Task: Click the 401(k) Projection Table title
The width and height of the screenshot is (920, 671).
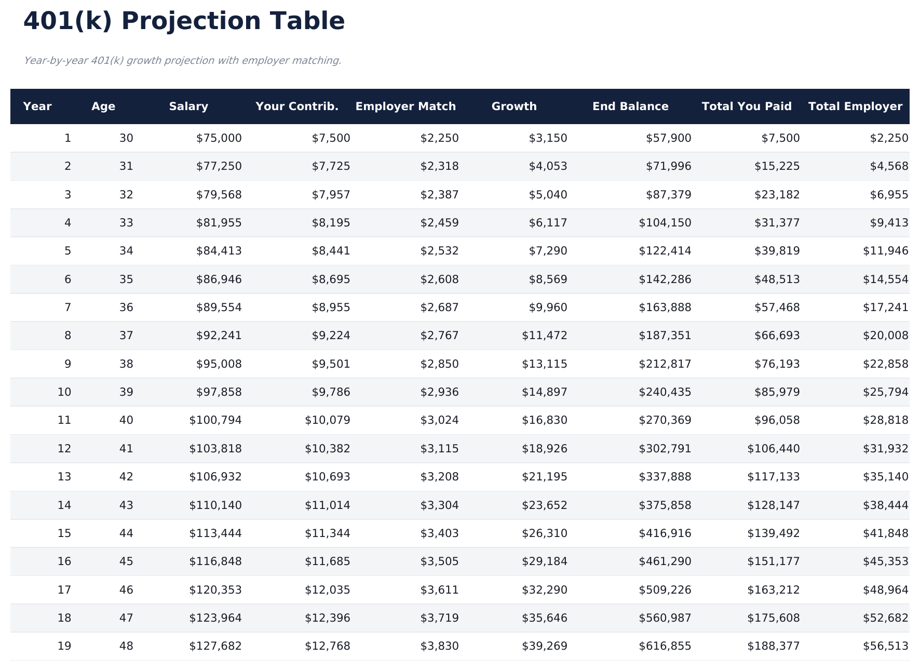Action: [x=184, y=22]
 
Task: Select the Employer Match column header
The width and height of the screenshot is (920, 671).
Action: [x=405, y=106]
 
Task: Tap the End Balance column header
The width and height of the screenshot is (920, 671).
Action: [x=630, y=106]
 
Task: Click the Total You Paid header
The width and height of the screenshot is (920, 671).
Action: [x=747, y=106]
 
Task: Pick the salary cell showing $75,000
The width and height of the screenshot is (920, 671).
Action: [x=219, y=138]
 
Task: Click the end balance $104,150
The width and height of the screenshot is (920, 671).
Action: [x=665, y=223]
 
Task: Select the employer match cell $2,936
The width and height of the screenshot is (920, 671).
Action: [x=439, y=392]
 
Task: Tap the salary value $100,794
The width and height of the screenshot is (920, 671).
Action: [x=215, y=420]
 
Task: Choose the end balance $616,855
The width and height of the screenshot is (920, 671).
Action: [x=665, y=646]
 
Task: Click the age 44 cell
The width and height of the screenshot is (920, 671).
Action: [x=126, y=533]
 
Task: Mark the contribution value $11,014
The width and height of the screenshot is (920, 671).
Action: [x=328, y=505]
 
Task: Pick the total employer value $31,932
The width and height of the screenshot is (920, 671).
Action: [x=886, y=449]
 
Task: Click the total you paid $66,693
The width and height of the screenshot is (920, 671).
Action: [x=777, y=335]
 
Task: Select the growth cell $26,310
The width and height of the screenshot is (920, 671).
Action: [x=545, y=533]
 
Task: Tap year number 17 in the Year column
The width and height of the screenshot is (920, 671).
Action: [x=64, y=590]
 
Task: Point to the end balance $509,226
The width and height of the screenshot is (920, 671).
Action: [x=665, y=590]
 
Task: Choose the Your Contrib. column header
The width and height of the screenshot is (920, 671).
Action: [x=297, y=106]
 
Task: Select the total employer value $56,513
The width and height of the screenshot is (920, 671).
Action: [x=886, y=646]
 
